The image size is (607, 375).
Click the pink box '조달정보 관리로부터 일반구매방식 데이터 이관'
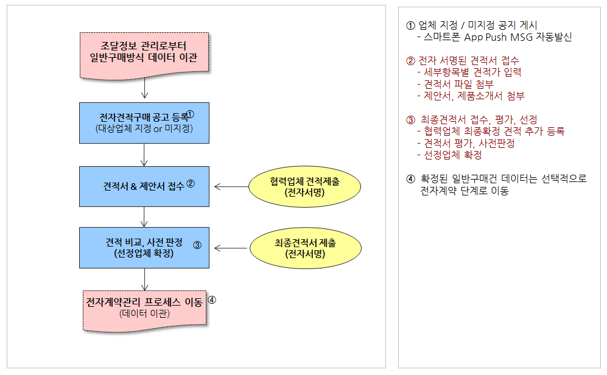pyautogui.click(x=144, y=55)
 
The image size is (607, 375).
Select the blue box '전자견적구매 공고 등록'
pyautogui.click(x=144, y=123)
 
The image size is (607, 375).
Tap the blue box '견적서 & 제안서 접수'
pyautogui.click(x=144, y=186)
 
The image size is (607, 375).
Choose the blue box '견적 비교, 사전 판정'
pyautogui.click(x=144, y=248)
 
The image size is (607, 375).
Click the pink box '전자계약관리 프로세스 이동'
pyautogui.click(x=144, y=311)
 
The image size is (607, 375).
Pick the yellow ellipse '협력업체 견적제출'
pyautogui.click(x=304, y=186)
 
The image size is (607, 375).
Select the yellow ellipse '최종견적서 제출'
pyautogui.click(x=306, y=248)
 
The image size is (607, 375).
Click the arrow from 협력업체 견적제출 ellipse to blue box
pyautogui.click(x=231, y=186)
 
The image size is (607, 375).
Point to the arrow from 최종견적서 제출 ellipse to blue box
pyautogui.click(x=231, y=248)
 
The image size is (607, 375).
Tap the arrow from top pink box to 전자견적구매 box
pyautogui.click(x=144, y=88)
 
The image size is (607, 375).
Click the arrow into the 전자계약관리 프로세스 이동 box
pyautogui.click(x=144, y=279)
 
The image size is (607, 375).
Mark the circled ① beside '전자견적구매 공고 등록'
pyautogui.click(x=190, y=114)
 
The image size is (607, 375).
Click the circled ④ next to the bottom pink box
pyautogui.click(x=212, y=300)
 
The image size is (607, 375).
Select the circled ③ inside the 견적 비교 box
pyautogui.click(x=197, y=245)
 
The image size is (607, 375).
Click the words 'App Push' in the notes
pyautogui.click(x=485, y=38)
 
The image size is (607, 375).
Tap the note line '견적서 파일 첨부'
pyautogui.click(x=455, y=85)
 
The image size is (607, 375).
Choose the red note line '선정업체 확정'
pyautogui.click(x=449, y=155)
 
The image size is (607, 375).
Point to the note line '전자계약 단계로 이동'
pyautogui.click(x=465, y=191)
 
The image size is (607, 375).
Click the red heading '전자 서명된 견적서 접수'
pyautogui.click(x=463, y=61)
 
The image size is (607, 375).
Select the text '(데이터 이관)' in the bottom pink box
pyautogui.click(x=144, y=314)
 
